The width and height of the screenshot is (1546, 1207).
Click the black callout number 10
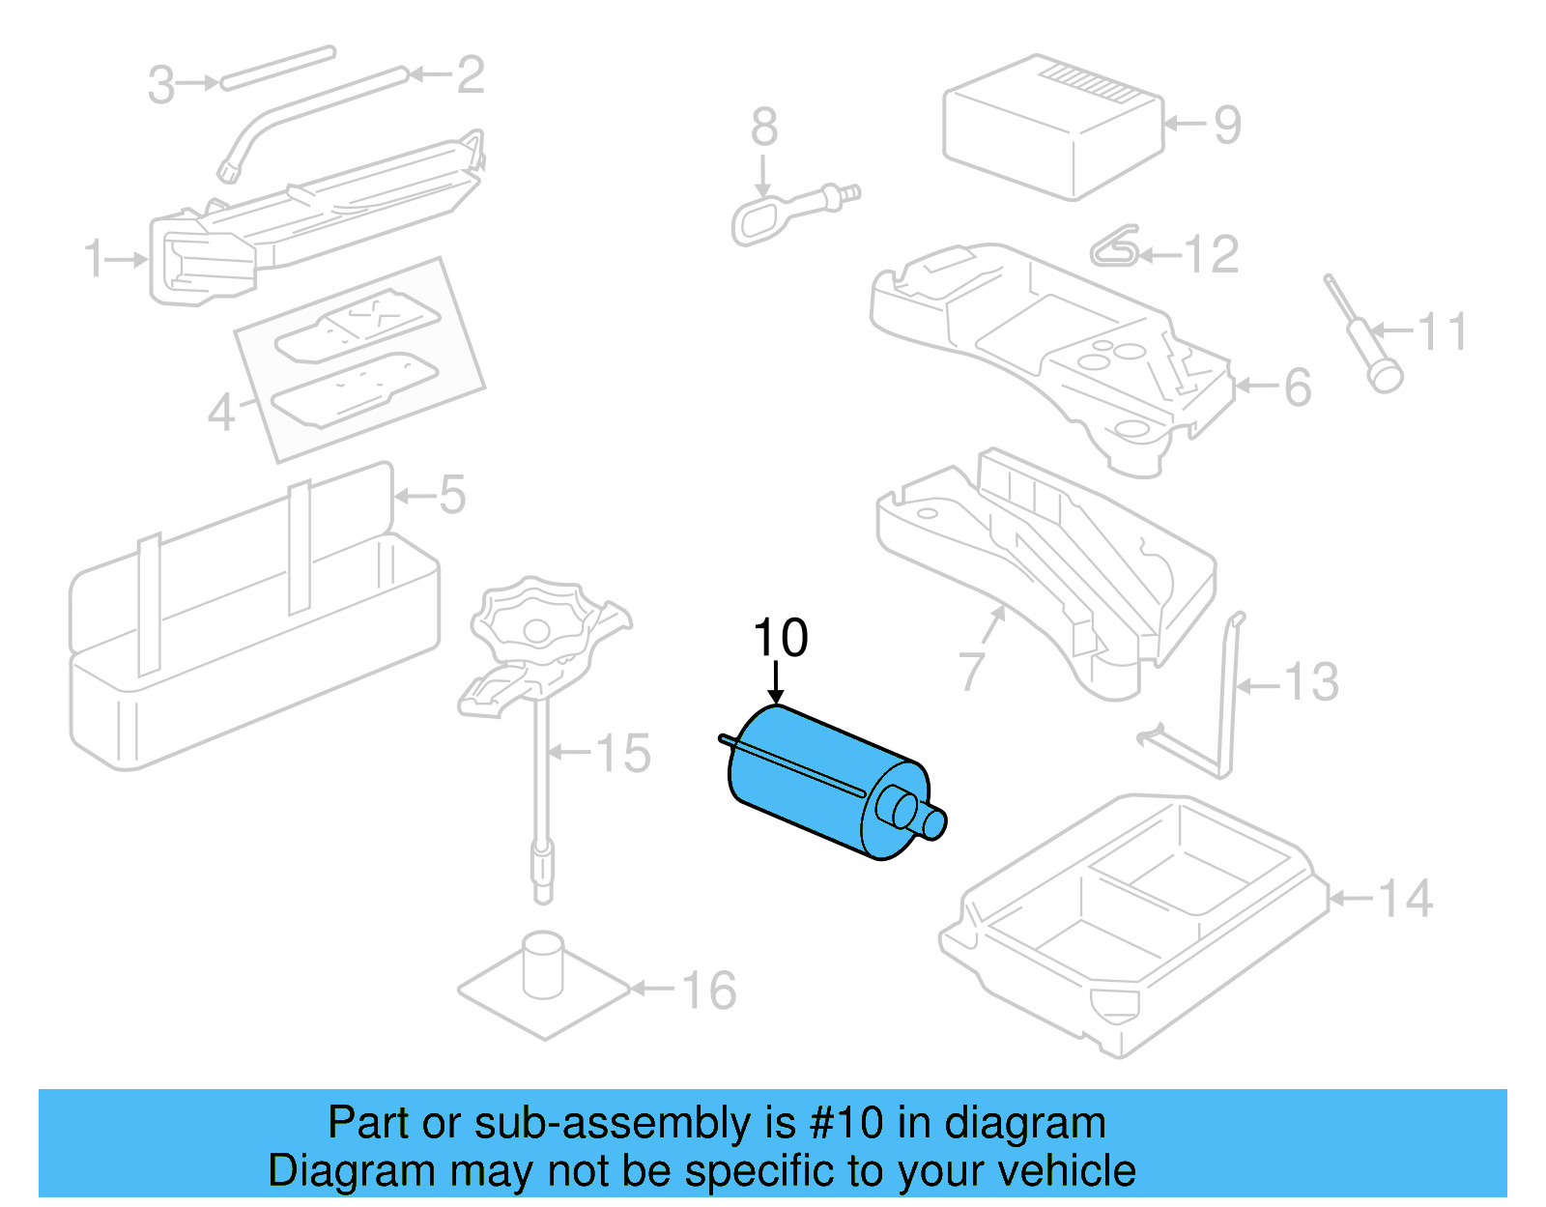[x=780, y=639]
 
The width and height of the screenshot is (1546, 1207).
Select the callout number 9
[x=1226, y=125]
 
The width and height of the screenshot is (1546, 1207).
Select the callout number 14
[x=1404, y=900]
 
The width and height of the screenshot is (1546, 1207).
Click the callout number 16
[x=708, y=991]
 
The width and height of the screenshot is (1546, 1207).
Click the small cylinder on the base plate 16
[x=543, y=963]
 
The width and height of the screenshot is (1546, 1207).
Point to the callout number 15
[x=622, y=754]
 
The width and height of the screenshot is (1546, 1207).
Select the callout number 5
[x=452, y=496]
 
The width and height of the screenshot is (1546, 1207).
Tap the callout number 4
[x=221, y=413]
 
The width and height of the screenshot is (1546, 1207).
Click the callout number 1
[x=94, y=259]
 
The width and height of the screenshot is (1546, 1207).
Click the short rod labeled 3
[x=277, y=68]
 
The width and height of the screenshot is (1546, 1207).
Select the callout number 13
[x=1311, y=683]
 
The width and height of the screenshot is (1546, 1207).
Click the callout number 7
[x=971, y=671]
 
